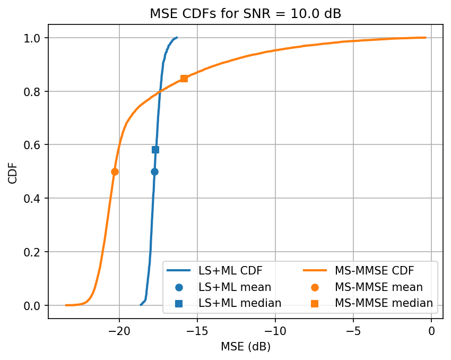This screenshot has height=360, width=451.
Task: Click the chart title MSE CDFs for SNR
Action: point(246,14)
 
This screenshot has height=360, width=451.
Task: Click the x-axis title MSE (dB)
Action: point(246,347)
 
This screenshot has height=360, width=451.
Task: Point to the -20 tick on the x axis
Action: point(119,331)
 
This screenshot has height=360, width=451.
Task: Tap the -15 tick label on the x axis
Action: point(197,331)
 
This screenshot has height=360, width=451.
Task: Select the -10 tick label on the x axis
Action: point(275,331)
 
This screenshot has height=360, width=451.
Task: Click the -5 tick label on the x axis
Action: point(353,331)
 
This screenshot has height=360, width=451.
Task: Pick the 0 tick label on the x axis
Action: point(431,331)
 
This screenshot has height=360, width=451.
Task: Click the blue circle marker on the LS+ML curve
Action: point(154,172)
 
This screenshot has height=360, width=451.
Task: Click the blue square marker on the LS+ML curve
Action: point(155,150)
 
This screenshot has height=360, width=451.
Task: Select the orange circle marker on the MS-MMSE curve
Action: point(115,172)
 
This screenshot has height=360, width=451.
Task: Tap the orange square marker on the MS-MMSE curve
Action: point(184,79)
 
